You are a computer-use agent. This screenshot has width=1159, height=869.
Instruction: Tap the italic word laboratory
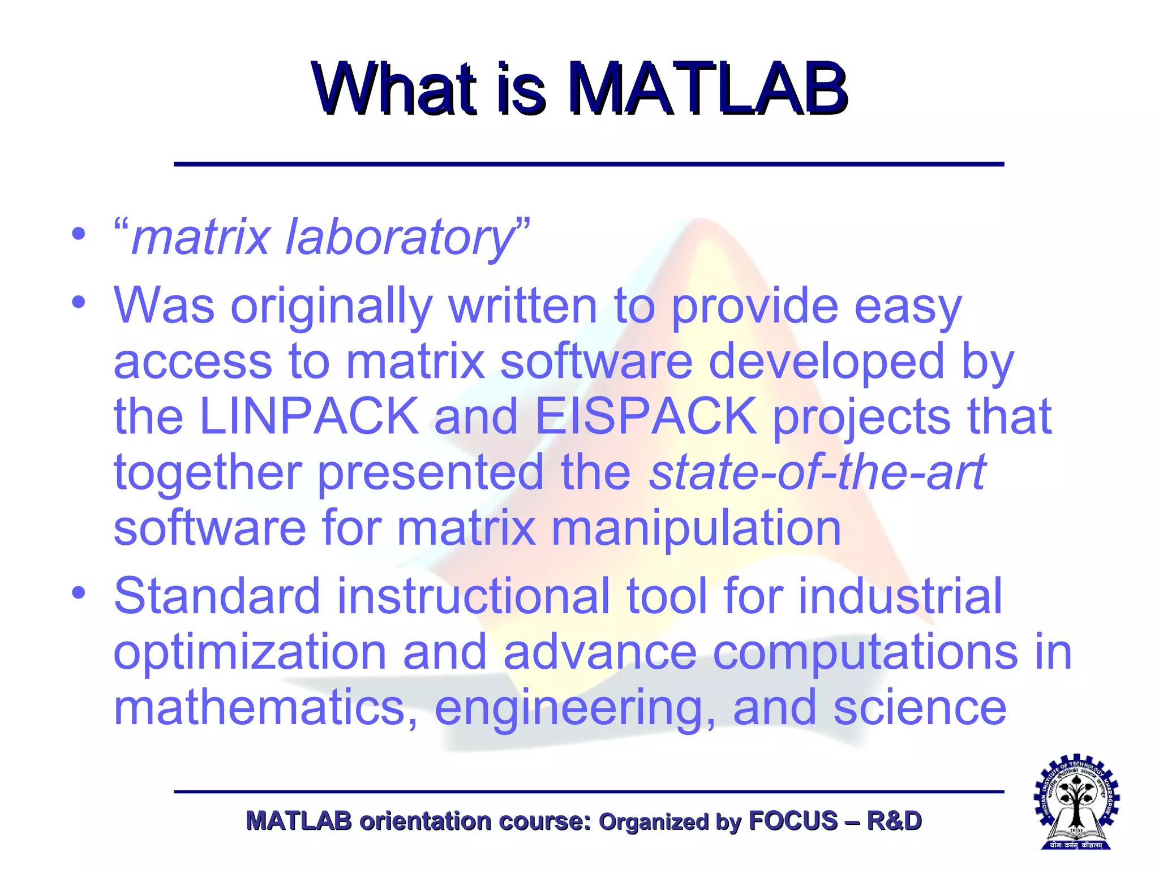click(400, 238)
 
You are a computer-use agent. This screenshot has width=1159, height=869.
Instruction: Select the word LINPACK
click(309, 417)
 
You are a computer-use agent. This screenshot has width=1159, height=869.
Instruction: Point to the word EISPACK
click(645, 417)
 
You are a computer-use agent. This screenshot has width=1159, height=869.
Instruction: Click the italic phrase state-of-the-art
click(817, 472)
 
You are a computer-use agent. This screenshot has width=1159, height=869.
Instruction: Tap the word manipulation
click(696, 528)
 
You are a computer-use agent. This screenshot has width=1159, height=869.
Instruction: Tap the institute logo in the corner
click(1076, 802)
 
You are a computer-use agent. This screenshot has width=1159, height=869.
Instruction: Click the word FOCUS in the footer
click(793, 821)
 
